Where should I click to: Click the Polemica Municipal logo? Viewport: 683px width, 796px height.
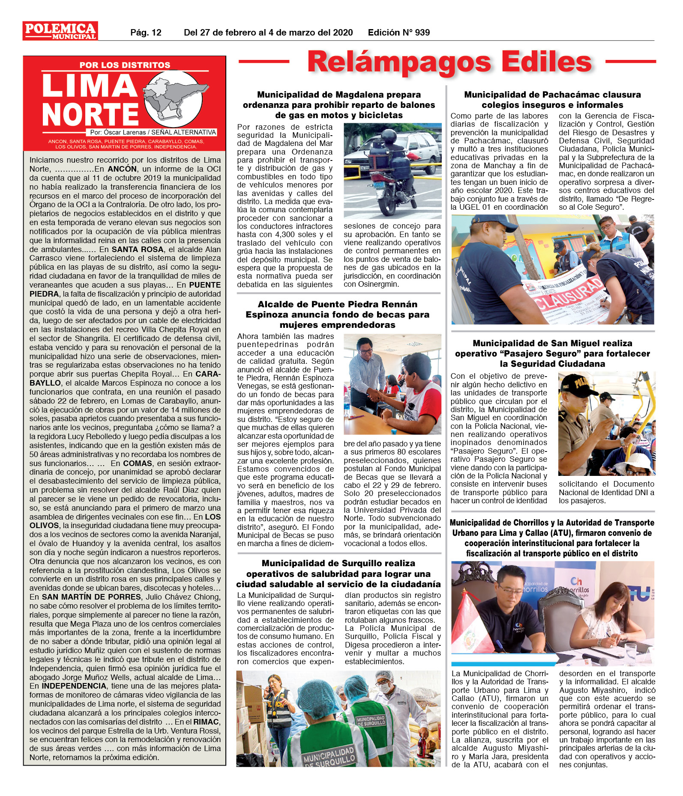(x=60, y=31)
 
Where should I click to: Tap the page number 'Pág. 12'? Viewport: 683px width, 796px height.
(x=146, y=33)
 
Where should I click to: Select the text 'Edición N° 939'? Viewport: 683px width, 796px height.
(x=398, y=33)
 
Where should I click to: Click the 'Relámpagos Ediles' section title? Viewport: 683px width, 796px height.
(x=449, y=62)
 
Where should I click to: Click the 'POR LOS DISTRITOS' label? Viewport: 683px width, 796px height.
(x=125, y=65)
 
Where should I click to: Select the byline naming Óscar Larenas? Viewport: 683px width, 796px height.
(x=153, y=132)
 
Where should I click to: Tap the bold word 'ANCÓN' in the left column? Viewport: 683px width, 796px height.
(x=122, y=169)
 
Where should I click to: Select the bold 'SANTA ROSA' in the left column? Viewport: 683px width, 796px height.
(x=138, y=249)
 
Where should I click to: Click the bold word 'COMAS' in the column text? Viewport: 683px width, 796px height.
(x=138, y=463)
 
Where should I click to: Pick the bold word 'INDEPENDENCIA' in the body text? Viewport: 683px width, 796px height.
(x=74, y=686)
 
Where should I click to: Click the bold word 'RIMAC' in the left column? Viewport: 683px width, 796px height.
(x=207, y=722)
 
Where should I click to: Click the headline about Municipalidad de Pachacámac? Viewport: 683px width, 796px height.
(x=552, y=100)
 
